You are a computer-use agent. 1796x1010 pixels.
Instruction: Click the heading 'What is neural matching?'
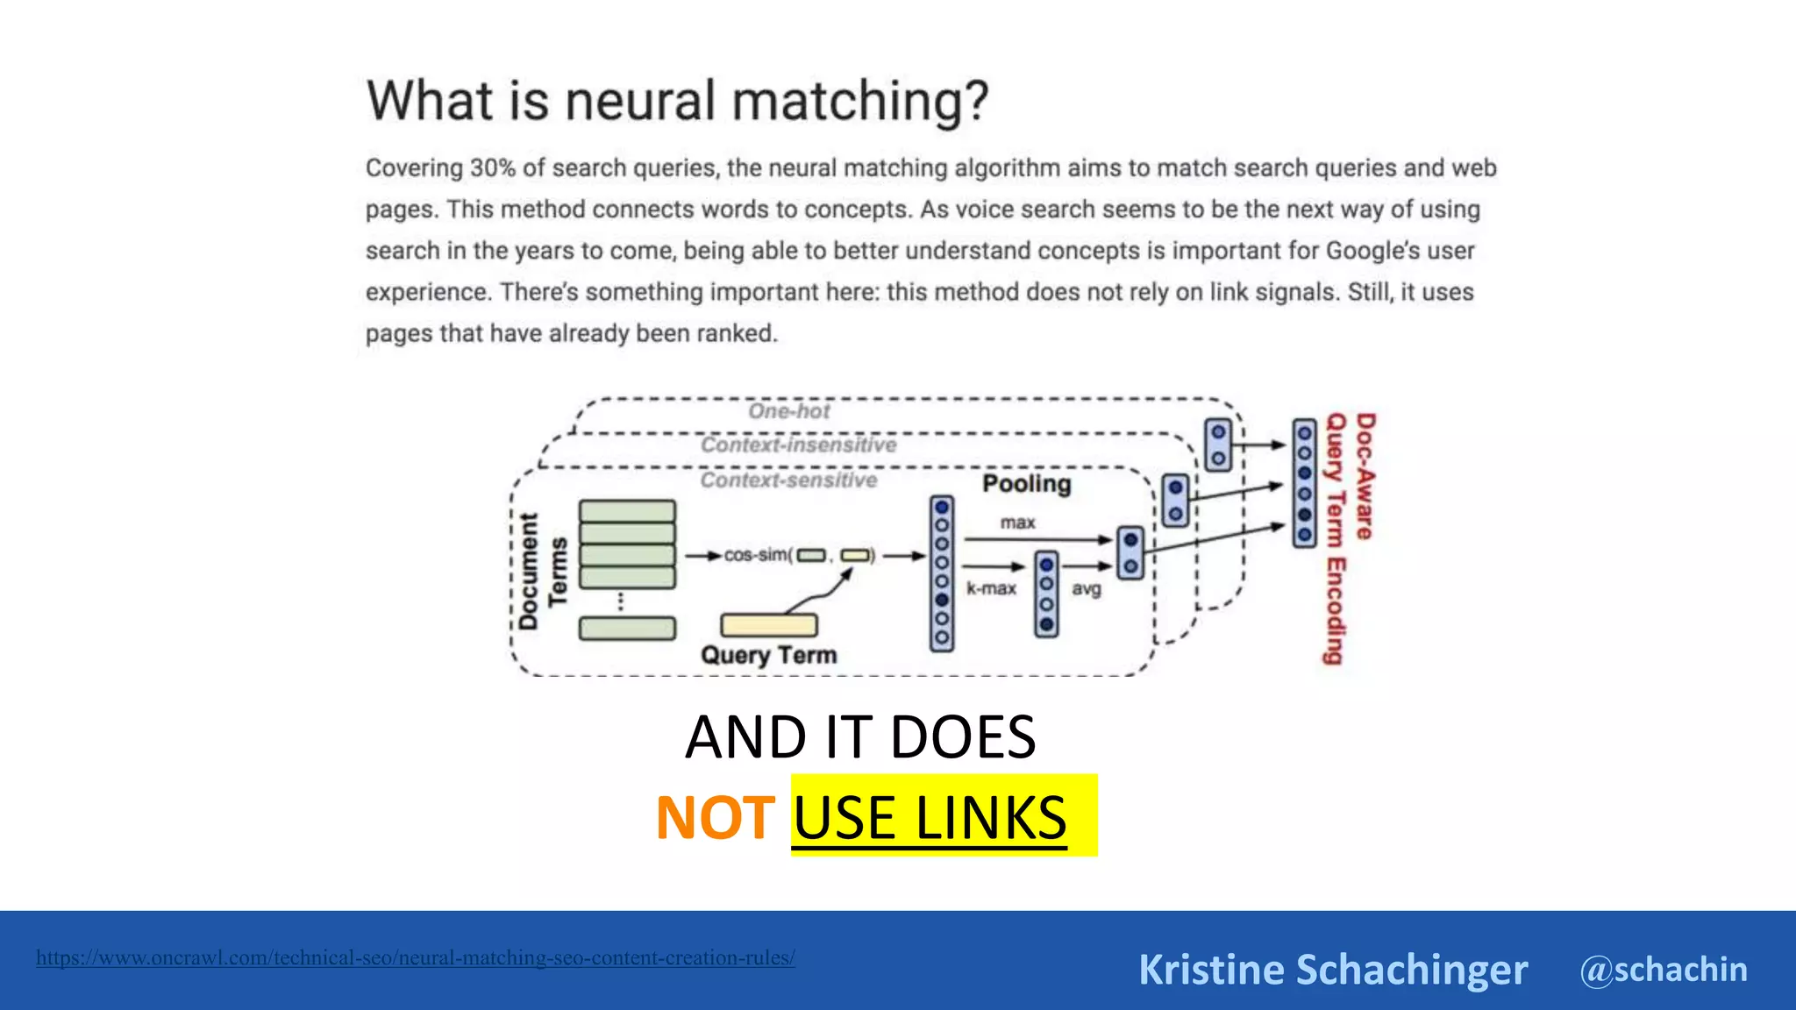click(x=677, y=101)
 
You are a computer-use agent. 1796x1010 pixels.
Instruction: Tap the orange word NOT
click(x=715, y=818)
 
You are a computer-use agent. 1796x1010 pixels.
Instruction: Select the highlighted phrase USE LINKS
click(x=930, y=818)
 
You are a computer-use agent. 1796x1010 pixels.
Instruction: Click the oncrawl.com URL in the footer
click(x=416, y=957)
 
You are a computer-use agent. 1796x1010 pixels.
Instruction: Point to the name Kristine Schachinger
click(x=1332, y=970)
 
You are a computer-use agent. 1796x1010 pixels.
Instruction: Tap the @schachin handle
click(x=1663, y=970)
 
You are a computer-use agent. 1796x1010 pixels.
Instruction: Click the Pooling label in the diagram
click(x=1026, y=484)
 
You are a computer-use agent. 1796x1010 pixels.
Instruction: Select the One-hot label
click(x=788, y=411)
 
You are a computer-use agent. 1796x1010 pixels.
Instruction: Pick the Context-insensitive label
click(x=798, y=445)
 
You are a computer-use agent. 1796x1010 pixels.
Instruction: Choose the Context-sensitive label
click(x=788, y=480)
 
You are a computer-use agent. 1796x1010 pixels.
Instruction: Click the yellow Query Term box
click(x=768, y=625)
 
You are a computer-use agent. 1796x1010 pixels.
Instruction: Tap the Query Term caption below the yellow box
click(x=768, y=655)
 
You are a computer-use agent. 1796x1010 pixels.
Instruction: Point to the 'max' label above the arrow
click(x=1017, y=523)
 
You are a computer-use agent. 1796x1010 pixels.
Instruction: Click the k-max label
click(x=991, y=588)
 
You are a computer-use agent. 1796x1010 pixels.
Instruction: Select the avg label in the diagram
click(x=1086, y=589)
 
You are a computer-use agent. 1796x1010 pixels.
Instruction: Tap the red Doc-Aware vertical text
click(x=1365, y=476)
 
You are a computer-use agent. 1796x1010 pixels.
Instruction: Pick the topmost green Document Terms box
click(x=627, y=511)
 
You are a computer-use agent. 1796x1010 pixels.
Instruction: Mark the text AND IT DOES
click(x=860, y=737)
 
